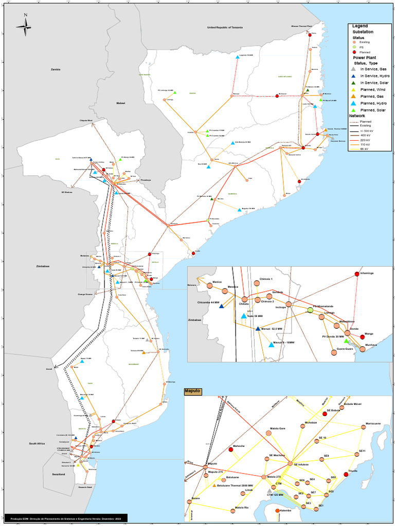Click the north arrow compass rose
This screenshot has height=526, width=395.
point(25,25)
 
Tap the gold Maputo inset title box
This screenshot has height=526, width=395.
point(192,391)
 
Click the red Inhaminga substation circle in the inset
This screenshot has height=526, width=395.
point(357,274)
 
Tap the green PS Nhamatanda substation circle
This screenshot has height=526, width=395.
point(310,310)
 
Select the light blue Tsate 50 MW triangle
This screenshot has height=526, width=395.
point(244,316)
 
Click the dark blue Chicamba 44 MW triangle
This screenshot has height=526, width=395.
point(221,306)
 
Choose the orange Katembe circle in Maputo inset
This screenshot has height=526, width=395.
point(278,511)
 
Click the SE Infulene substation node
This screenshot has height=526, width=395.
point(290,464)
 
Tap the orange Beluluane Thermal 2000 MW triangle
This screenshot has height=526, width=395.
point(214,485)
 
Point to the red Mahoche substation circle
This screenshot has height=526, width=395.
point(231,450)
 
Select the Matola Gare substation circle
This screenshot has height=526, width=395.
point(268,434)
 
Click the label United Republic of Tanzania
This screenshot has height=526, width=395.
point(225,27)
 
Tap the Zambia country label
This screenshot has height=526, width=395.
point(56,69)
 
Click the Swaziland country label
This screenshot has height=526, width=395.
point(58,475)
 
